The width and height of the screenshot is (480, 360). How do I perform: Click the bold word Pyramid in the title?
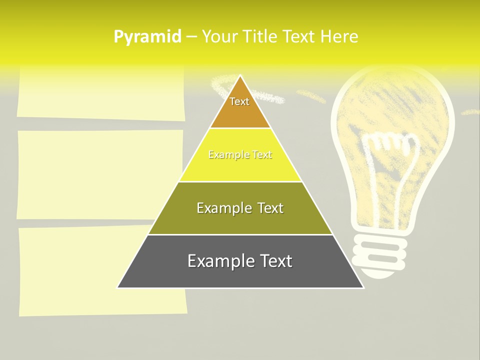(x=147, y=37)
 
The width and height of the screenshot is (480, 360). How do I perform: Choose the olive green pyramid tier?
(x=240, y=220)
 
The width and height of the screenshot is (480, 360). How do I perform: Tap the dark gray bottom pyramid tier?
(x=240, y=272)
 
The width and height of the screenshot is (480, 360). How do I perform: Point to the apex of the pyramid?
(x=240, y=76)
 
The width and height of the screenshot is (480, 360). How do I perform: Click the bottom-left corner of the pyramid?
(x=118, y=287)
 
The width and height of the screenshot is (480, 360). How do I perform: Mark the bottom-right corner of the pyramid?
(x=363, y=287)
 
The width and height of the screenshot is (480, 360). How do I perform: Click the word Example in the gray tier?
(x=218, y=261)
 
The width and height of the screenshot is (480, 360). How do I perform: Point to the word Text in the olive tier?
(x=267, y=208)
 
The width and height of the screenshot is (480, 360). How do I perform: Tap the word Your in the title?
(x=220, y=36)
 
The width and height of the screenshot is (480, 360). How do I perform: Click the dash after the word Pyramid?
(x=191, y=37)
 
